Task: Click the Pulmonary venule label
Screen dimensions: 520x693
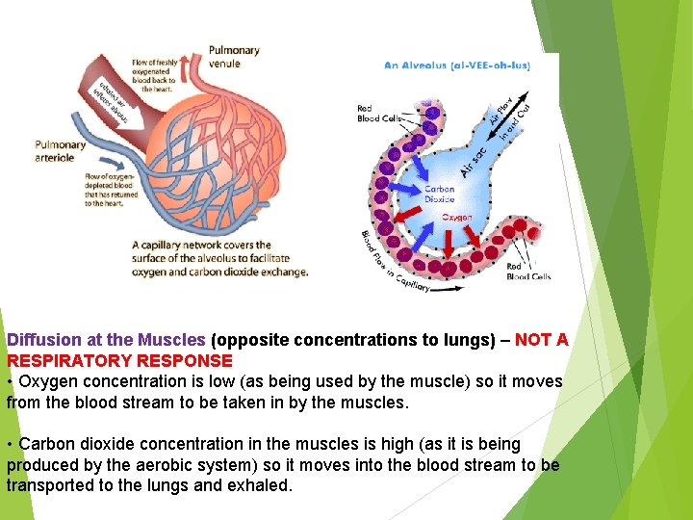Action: click(x=234, y=57)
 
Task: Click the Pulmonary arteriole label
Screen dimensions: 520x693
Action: click(x=62, y=151)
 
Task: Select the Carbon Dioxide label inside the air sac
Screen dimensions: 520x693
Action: click(x=439, y=194)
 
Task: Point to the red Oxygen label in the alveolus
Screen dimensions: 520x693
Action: click(x=457, y=218)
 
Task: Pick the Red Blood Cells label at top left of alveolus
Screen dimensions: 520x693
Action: click(x=378, y=114)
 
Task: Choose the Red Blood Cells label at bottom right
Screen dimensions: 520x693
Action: click(x=528, y=272)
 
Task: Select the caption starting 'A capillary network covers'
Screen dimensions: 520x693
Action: click(x=219, y=258)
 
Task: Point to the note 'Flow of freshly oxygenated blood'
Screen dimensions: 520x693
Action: click(x=154, y=75)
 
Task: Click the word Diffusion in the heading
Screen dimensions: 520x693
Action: click(x=42, y=340)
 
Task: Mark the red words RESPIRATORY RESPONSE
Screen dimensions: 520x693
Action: click(x=119, y=361)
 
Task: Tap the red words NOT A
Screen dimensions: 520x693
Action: click(x=541, y=340)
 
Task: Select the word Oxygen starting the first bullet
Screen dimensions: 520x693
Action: click(x=48, y=382)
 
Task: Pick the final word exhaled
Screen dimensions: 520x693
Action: click(x=262, y=485)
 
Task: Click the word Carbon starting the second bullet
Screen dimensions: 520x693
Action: click(x=47, y=444)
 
